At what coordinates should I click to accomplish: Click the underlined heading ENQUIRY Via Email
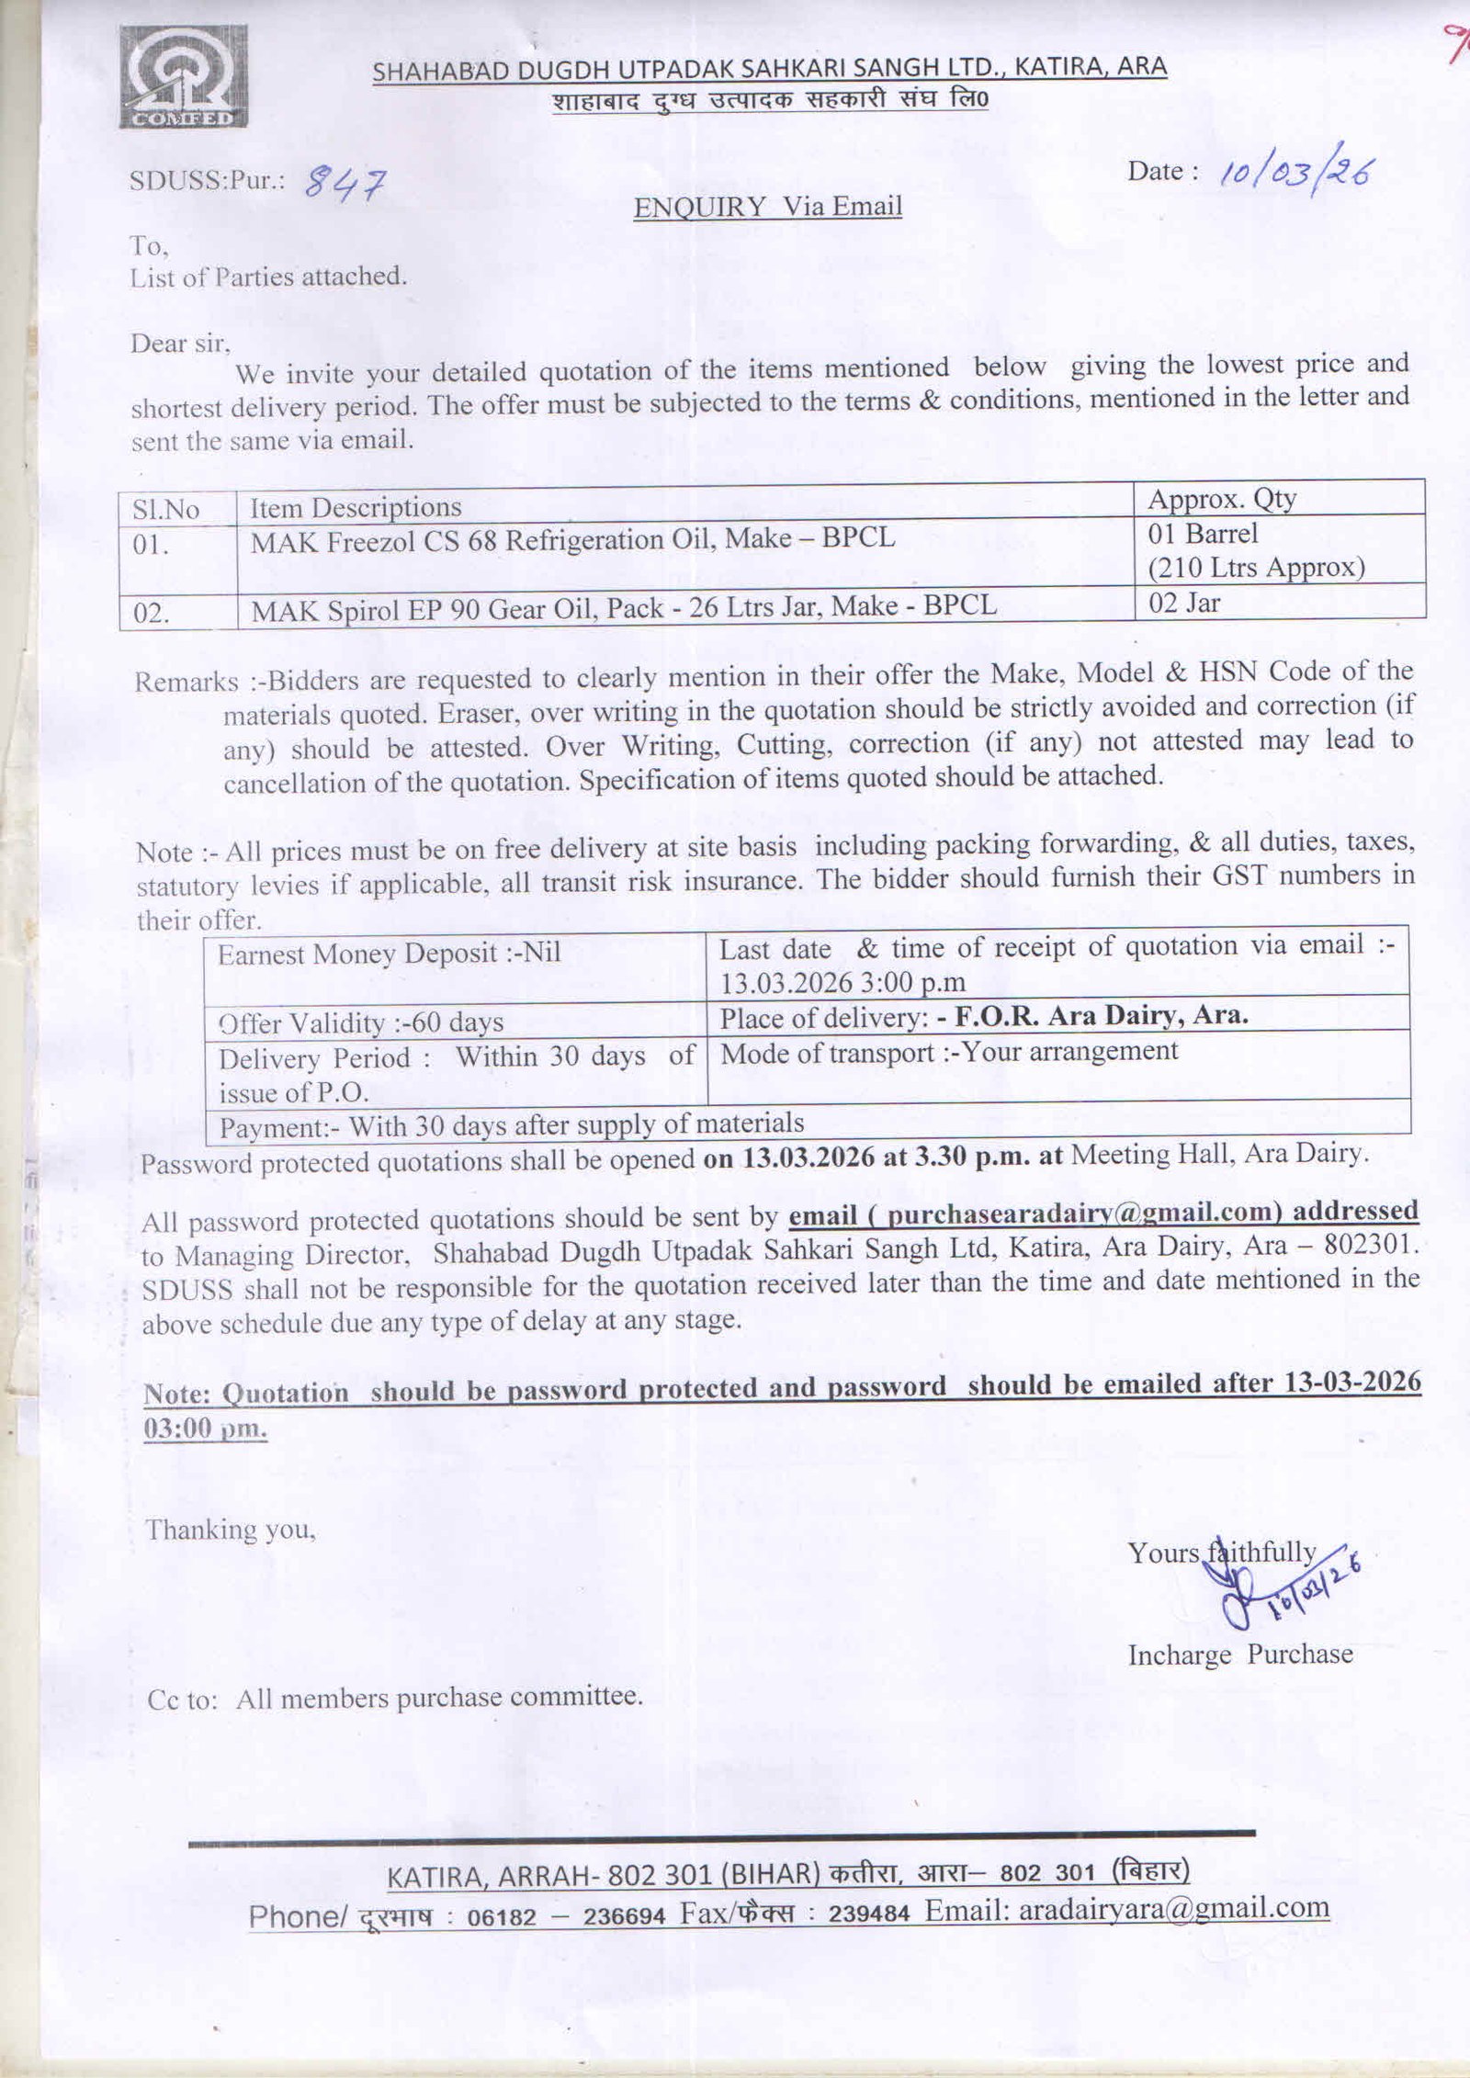(768, 208)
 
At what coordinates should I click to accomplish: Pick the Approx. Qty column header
(1222, 499)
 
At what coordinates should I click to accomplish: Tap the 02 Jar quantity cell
(1184, 604)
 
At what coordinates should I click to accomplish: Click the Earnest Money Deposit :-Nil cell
(389, 954)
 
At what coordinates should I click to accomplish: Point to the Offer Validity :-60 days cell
(361, 1022)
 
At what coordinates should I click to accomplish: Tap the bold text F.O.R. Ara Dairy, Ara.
(1092, 1015)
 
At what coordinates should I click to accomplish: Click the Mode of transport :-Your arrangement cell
(949, 1052)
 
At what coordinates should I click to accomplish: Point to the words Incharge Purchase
(1240, 1654)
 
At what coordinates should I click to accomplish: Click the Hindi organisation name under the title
(770, 100)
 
